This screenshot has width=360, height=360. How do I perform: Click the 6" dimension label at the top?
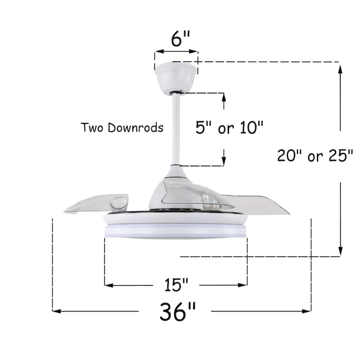pyautogui.click(x=176, y=39)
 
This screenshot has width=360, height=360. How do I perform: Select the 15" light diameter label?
pyautogui.click(x=175, y=285)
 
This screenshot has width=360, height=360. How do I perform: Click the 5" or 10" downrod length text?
pyautogui.click(x=229, y=128)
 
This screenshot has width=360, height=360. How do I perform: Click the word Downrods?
pyautogui.click(x=135, y=128)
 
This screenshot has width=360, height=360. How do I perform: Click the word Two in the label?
pyautogui.click(x=93, y=128)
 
